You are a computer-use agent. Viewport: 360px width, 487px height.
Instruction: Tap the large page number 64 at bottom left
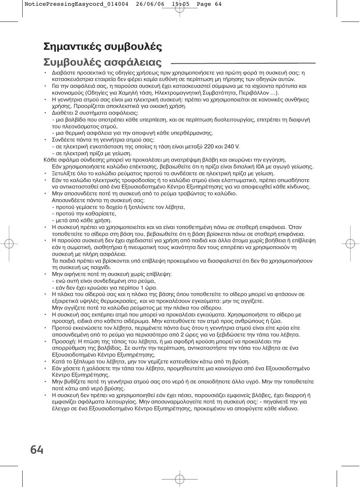pos(37,449)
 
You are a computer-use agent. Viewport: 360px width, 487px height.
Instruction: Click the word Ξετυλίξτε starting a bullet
pos(64,173)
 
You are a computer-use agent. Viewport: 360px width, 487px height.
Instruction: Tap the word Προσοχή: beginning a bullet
pos(63,342)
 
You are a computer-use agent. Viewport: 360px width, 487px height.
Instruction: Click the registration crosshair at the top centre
pos(180,8)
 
